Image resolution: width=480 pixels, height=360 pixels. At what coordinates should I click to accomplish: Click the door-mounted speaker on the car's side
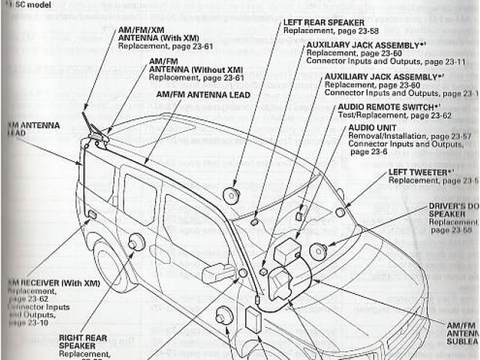[136, 242]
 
